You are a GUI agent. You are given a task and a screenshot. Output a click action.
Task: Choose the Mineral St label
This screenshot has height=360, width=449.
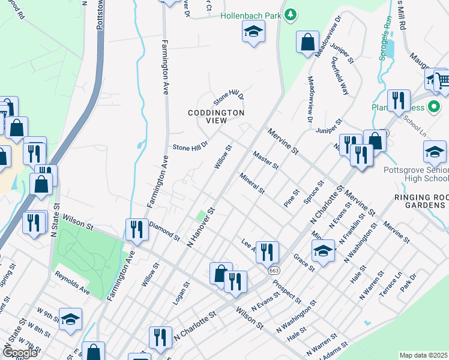tap(252, 183)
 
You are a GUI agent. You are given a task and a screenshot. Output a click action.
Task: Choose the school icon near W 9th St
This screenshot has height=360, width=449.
tap(70, 320)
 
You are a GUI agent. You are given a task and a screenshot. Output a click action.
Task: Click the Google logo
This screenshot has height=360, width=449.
tap(20, 353)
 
